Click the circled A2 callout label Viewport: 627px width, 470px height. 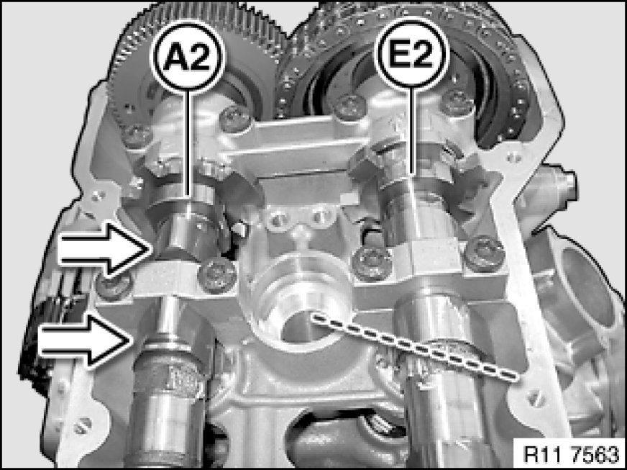pos(188,56)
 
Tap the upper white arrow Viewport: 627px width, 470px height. pos(105,250)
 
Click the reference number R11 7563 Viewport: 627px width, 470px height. pos(572,453)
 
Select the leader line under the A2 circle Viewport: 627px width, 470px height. pos(188,145)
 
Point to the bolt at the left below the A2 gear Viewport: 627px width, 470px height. pos(137,136)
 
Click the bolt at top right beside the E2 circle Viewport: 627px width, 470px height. pos(458,102)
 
